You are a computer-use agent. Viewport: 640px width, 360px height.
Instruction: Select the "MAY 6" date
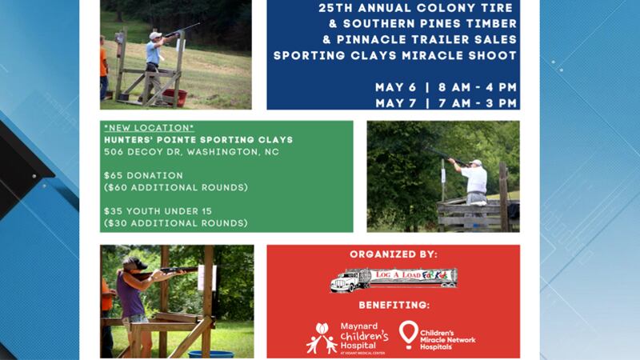[x=394, y=87]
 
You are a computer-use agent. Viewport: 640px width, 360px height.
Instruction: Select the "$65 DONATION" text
[x=143, y=175]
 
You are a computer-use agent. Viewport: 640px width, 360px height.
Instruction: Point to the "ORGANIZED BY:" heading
[x=393, y=254]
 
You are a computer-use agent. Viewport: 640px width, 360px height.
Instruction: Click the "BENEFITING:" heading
[x=393, y=305]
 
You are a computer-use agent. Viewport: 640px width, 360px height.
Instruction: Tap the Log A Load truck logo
[x=393, y=278]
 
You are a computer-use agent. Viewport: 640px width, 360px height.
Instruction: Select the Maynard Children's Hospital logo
[x=346, y=337]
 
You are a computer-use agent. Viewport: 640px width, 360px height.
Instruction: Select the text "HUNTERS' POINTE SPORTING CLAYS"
[x=198, y=140]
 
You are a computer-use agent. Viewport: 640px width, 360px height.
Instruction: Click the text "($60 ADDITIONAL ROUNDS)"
[x=175, y=187]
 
